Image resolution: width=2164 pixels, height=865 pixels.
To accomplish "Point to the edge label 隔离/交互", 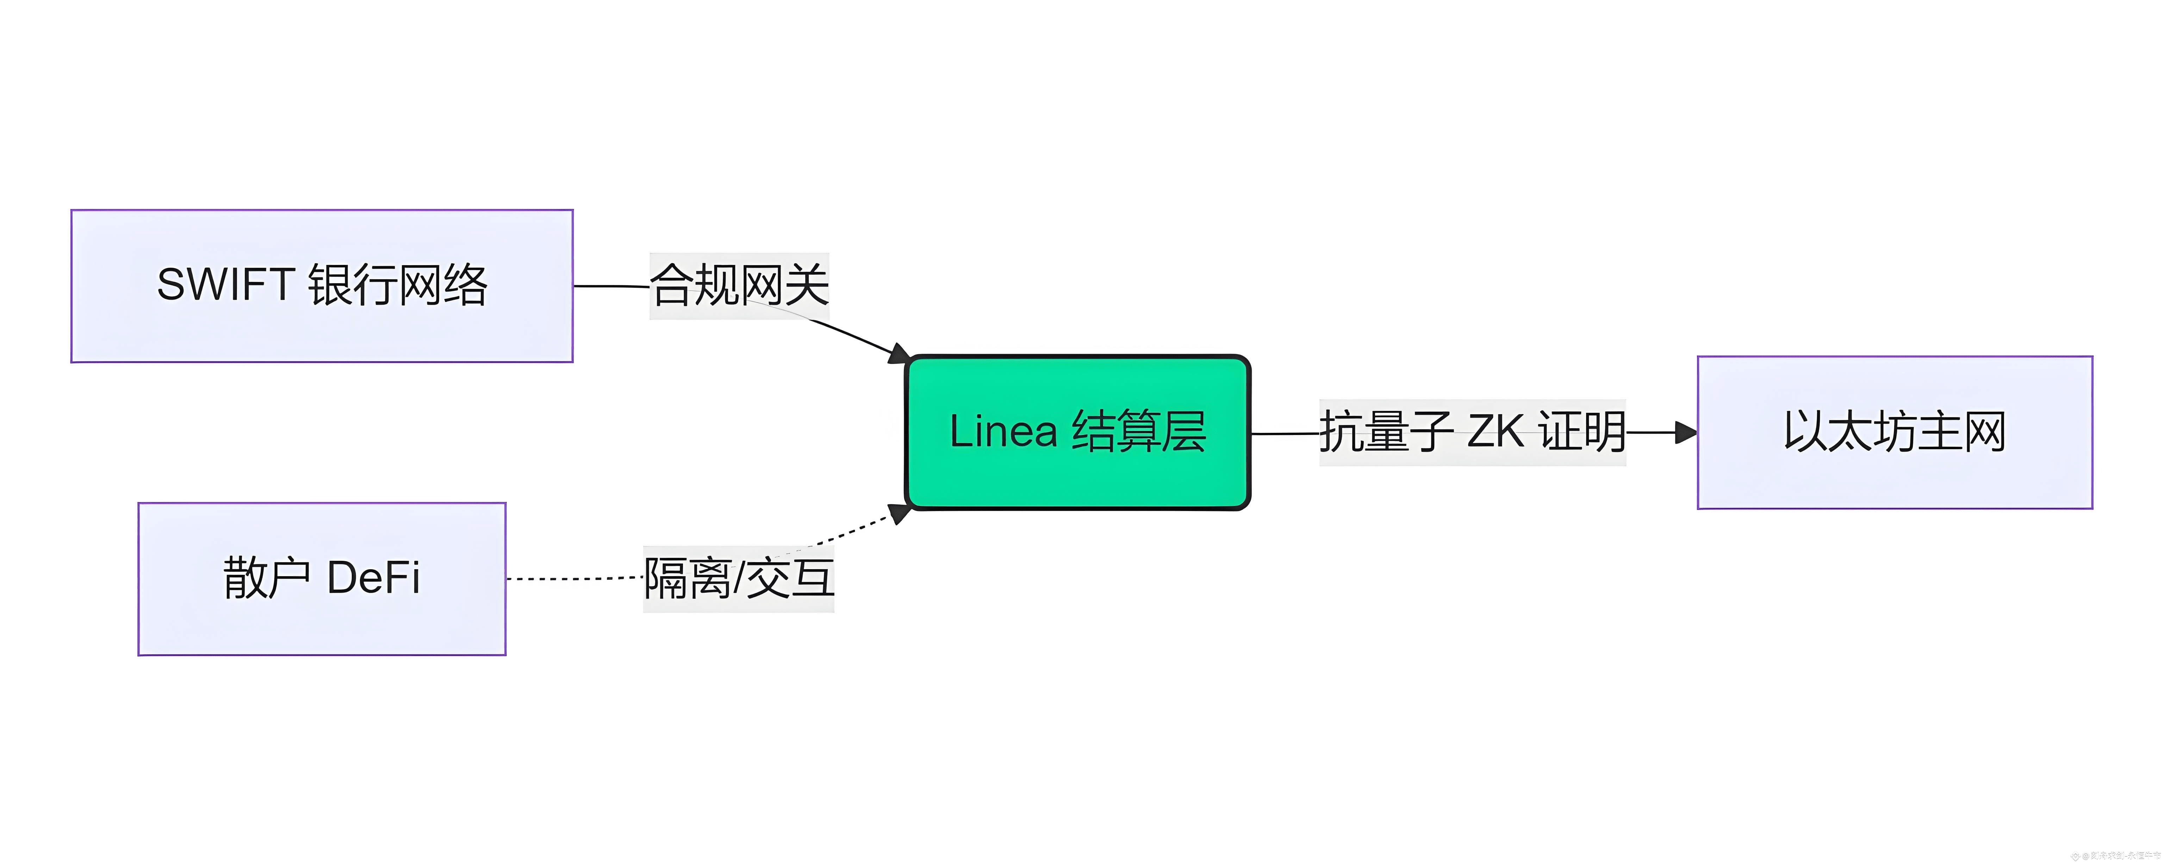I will point(738,579).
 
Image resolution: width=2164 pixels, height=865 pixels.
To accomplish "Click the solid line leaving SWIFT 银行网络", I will point(611,286).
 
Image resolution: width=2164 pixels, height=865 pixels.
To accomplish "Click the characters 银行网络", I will point(397,285).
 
